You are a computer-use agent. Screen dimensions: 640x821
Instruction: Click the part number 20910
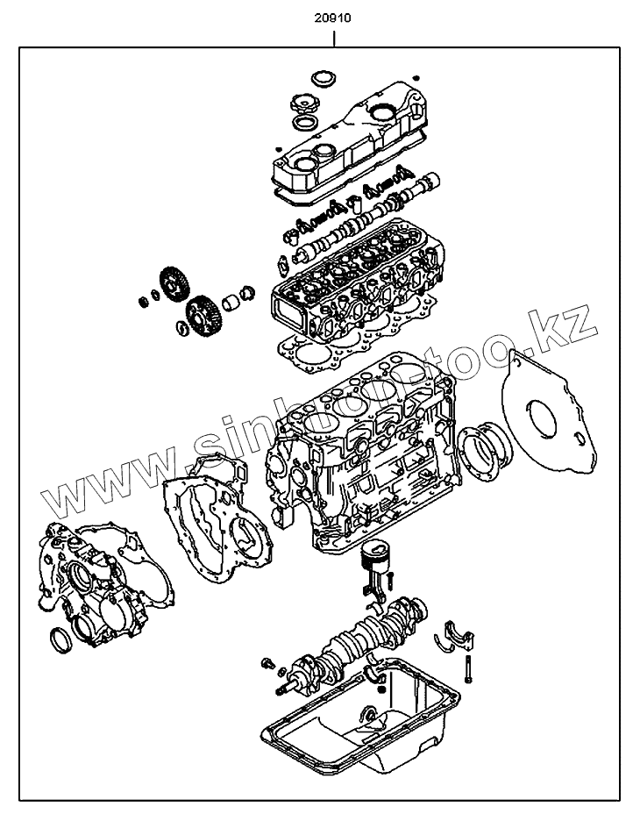(334, 16)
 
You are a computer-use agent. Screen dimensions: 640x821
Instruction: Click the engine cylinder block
(368, 465)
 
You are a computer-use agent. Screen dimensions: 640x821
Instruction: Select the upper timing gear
(174, 285)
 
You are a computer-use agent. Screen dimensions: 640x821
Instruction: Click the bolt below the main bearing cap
(470, 669)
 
